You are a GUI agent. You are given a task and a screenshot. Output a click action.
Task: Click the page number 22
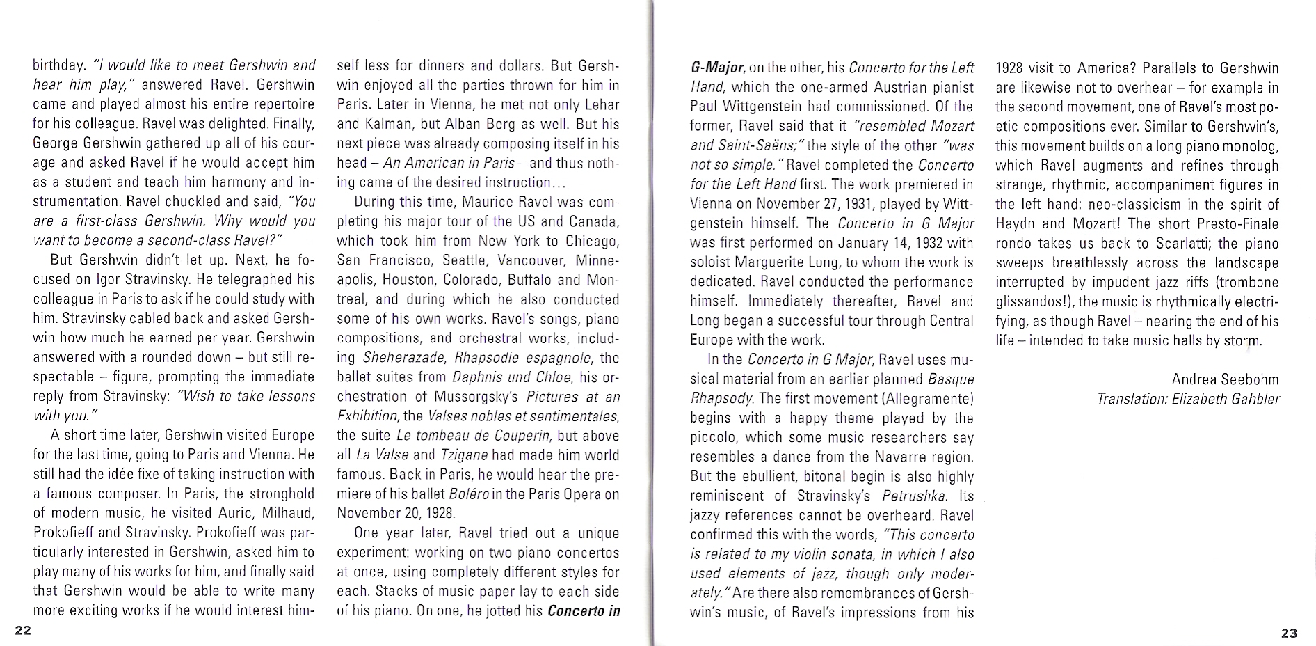tap(23, 631)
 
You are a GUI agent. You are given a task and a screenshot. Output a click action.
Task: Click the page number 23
tap(1289, 633)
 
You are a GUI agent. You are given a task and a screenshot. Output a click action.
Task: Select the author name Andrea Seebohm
tap(1225, 379)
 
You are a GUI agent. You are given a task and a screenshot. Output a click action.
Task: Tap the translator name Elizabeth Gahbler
tap(1226, 399)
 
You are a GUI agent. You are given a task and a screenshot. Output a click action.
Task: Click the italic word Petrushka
tap(914, 496)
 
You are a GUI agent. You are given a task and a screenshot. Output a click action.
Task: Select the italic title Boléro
tap(469, 494)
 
